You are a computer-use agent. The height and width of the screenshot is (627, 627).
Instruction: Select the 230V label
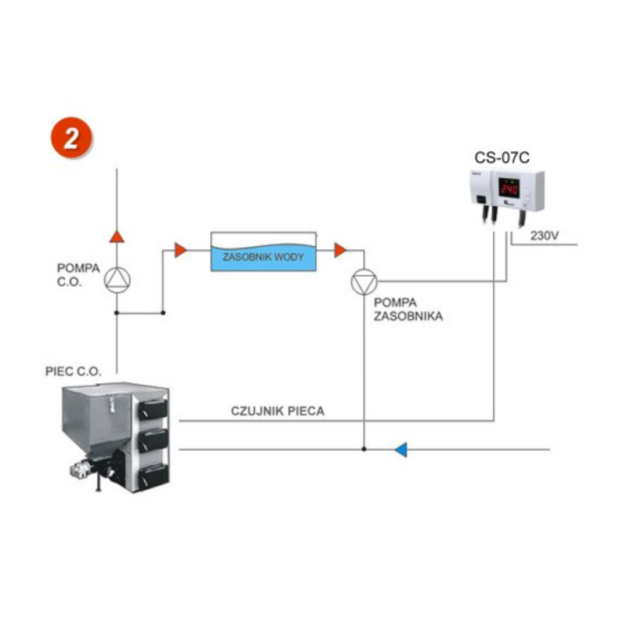[544, 235]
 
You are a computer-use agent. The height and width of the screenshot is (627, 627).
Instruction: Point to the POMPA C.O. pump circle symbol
[117, 280]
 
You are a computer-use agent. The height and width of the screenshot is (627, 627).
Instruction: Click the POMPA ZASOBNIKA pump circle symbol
[363, 281]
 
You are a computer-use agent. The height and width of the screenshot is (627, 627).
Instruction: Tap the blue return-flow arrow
[400, 450]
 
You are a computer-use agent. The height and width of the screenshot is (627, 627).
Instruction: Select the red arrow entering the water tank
[180, 250]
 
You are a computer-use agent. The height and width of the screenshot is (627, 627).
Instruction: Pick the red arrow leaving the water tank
[340, 250]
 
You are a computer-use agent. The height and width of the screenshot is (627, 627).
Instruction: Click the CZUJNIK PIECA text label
[277, 410]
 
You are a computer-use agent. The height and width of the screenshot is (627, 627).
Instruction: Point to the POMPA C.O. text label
[78, 274]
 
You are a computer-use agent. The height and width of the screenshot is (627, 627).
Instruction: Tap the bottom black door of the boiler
[154, 473]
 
